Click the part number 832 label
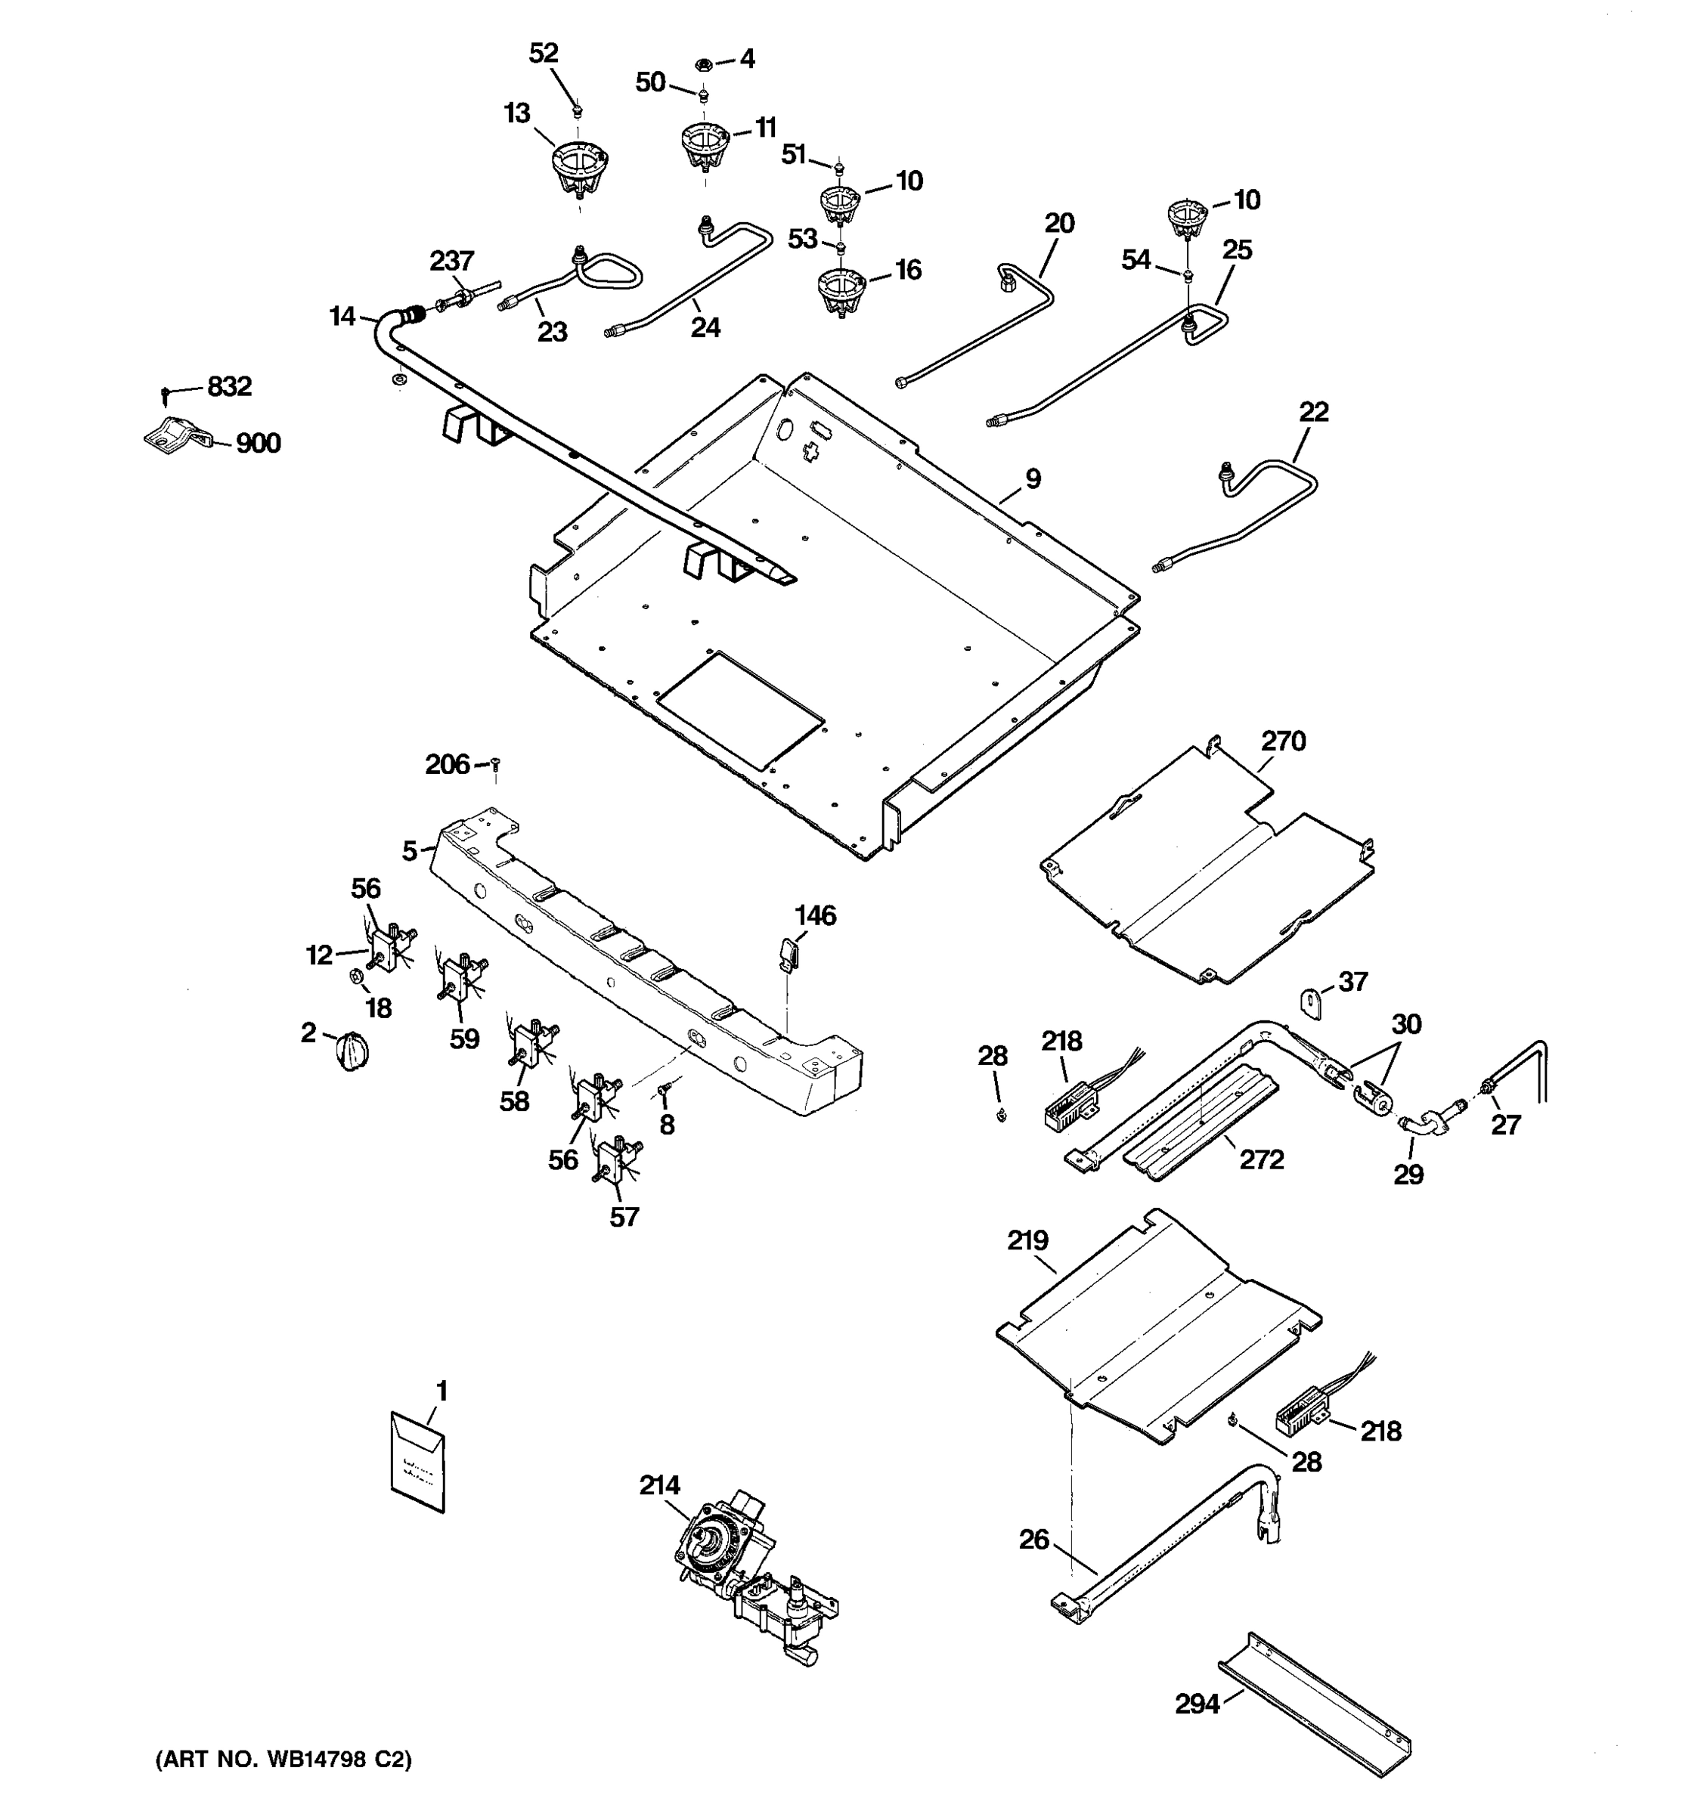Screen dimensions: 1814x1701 coord(229,387)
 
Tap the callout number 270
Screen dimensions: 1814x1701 coord(1283,741)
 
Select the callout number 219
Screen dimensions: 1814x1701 coord(1027,1241)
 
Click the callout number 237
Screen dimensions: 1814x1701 coord(452,261)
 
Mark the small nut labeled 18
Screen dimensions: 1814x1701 coord(358,978)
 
